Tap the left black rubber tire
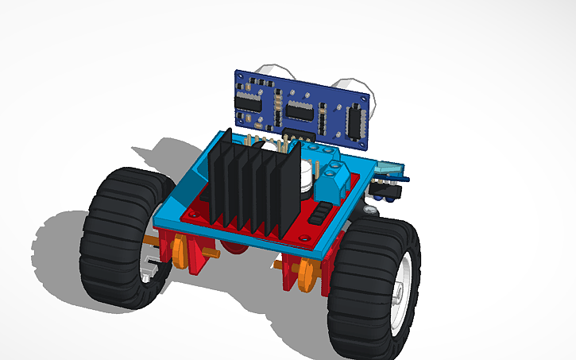click(x=115, y=238)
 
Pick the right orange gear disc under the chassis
click(x=304, y=275)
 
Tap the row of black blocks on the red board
click(x=317, y=215)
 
